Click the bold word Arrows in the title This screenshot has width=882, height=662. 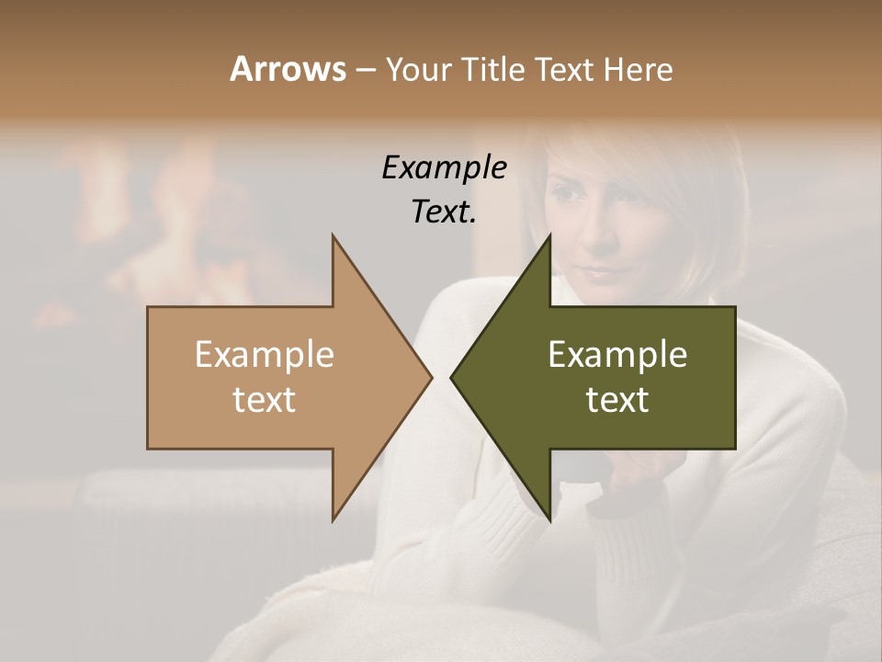point(288,69)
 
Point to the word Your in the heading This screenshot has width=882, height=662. point(418,69)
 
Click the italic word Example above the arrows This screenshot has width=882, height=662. point(444,167)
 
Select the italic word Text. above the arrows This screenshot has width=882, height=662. point(444,211)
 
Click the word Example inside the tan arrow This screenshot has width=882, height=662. point(265,355)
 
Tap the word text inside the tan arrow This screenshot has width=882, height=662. point(265,400)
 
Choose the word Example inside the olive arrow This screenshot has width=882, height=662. point(617,355)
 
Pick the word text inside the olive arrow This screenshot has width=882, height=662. point(617,400)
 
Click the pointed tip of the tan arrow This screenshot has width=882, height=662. point(430,377)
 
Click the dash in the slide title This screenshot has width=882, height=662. point(365,70)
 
